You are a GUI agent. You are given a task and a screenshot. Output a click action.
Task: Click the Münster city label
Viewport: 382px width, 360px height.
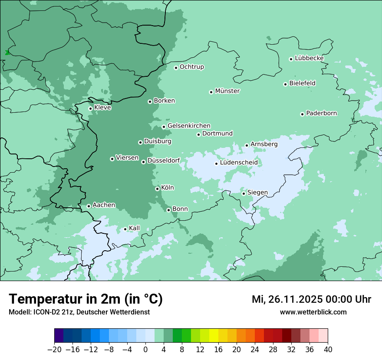point(227,91)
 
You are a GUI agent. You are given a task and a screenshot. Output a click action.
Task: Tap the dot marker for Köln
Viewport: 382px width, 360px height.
point(158,189)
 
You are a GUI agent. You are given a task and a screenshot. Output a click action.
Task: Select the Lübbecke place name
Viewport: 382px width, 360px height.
point(309,58)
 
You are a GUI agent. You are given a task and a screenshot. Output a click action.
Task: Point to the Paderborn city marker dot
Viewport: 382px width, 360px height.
point(303,114)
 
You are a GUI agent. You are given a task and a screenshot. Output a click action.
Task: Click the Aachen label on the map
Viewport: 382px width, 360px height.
point(104,205)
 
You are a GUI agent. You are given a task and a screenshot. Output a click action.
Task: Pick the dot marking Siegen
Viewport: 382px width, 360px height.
point(244,193)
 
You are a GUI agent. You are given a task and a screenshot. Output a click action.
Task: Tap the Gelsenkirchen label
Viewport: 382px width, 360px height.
point(189,126)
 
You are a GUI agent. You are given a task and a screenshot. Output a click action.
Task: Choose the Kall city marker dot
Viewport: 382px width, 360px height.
point(125,229)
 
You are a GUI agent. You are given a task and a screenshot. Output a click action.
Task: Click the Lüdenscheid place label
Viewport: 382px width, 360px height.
point(239,163)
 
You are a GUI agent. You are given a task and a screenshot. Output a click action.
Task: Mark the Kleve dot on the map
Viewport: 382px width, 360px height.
point(91,108)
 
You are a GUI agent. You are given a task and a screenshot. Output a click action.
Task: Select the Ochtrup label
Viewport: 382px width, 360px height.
point(192,67)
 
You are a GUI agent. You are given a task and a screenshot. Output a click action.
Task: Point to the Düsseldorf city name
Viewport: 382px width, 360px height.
point(164,161)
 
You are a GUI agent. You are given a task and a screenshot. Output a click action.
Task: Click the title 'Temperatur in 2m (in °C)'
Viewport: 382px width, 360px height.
point(86,299)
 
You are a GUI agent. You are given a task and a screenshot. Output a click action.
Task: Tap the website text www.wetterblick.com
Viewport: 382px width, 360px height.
point(313,312)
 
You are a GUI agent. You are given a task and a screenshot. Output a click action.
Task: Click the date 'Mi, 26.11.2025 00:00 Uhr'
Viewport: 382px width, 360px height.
point(311,299)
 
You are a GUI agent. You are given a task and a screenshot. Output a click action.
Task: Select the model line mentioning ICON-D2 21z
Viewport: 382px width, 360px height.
point(79,312)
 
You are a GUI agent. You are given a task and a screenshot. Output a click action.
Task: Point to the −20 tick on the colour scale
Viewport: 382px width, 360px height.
point(55,350)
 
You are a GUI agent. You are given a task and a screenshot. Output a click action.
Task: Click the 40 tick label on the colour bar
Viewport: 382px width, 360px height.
point(328,350)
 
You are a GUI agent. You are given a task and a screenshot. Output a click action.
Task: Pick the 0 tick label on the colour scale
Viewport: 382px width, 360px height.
point(145,350)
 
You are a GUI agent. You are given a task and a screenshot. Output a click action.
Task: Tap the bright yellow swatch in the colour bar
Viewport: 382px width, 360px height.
point(214,336)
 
